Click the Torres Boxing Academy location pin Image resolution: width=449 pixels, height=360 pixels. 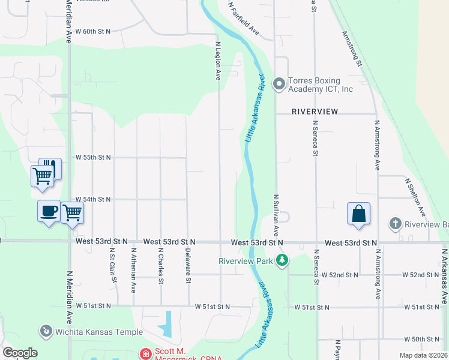click(x=279, y=84)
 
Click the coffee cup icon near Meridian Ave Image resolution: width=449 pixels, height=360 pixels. click(x=49, y=211)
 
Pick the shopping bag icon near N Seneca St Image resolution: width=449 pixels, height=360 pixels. click(x=358, y=214)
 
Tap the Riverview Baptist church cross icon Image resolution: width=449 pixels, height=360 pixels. click(x=395, y=224)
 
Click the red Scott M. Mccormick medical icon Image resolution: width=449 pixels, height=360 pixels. click(x=145, y=355)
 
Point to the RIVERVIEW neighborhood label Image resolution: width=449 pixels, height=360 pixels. click(x=315, y=112)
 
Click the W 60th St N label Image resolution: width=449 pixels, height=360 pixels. click(x=92, y=31)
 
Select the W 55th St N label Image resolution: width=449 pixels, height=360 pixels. click(x=93, y=157)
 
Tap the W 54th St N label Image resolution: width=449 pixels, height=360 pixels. click(x=93, y=199)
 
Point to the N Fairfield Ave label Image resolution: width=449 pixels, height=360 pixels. click(x=244, y=19)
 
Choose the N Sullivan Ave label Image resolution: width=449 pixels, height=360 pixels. click(x=276, y=214)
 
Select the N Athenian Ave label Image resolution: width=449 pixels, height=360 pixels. click(x=134, y=270)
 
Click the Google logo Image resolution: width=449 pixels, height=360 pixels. click(x=20, y=352)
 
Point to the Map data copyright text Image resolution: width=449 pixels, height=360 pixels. click(x=423, y=355)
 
